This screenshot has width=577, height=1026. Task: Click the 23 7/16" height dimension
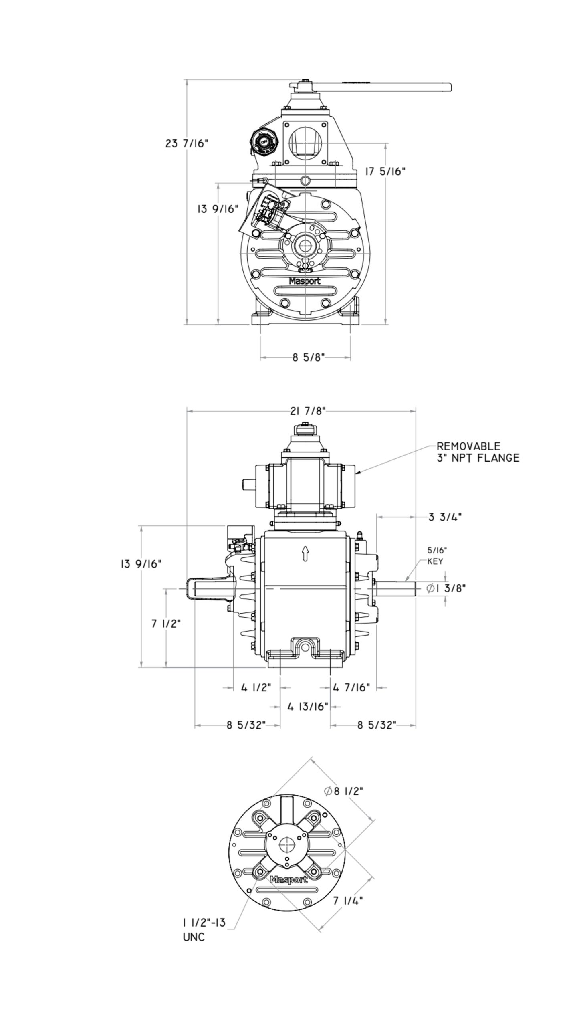187,143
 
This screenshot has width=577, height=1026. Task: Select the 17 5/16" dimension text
385,172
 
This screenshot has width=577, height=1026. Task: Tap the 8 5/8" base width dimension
308,357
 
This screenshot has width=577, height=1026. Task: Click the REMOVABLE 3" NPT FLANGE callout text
478,452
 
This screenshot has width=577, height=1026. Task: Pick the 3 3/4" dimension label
445,517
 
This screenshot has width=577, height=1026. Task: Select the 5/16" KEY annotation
435,555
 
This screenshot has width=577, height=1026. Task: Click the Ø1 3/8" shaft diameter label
446,588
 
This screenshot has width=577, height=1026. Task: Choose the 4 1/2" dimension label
256,688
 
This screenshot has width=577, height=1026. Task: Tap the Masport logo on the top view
305,281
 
